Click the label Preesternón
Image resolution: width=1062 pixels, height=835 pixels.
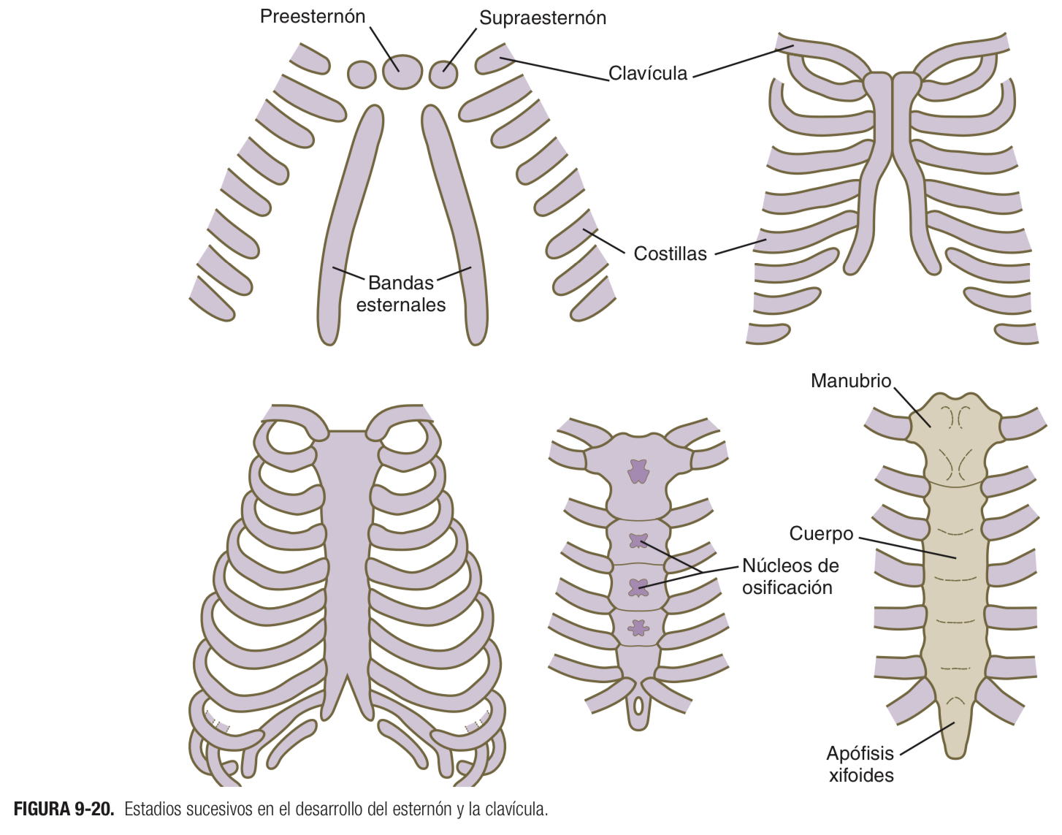tap(313, 17)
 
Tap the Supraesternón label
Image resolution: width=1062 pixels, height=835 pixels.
tap(542, 18)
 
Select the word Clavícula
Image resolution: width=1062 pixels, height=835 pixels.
tap(648, 74)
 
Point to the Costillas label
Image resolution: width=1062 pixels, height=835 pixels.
tap(670, 254)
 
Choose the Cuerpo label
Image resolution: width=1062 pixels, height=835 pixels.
tap(821, 534)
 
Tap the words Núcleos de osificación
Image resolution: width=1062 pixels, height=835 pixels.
tap(790, 576)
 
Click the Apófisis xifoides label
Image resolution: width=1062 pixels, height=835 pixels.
tap(860, 764)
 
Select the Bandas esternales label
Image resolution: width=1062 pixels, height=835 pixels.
tap(400, 294)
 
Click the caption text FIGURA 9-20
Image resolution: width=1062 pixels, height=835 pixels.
tap(64, 809)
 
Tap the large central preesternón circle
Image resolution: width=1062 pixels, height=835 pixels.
tap(402, 71)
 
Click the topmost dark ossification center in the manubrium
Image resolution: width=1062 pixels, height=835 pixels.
tap(638, 471)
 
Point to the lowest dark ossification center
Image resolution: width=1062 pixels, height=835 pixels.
tap(639, 628)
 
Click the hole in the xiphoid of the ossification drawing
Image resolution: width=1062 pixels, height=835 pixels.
tap(639, 706)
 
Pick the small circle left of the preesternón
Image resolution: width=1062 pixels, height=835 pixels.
tap(362, 74)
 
